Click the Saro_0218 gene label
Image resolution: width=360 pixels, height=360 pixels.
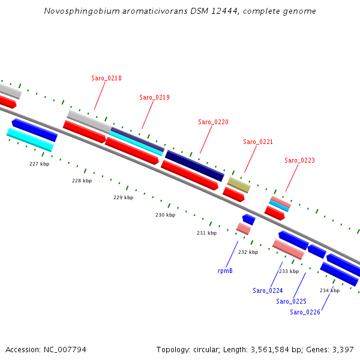(106, 78)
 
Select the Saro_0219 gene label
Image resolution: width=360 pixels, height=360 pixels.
(154, 97)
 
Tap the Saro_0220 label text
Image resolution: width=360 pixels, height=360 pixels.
(213, 122)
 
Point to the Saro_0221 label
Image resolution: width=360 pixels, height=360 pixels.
(258, 142)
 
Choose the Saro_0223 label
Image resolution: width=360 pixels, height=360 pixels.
(299, 160)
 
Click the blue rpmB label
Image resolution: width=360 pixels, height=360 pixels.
(225, 271)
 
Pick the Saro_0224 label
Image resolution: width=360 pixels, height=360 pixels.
(268, 290)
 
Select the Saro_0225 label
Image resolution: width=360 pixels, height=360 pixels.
(291, 301)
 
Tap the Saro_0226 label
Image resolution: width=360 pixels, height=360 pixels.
(305, 312)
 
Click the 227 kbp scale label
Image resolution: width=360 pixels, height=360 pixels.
(39, 163)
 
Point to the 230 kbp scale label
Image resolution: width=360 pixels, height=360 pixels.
(165, 215)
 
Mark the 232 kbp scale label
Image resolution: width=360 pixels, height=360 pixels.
(248, 252)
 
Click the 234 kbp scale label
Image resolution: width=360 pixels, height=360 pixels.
(329, 290)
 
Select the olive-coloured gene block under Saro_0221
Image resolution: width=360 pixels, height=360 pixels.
(238, 184)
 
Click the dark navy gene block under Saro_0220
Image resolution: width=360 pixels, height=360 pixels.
(194, 165)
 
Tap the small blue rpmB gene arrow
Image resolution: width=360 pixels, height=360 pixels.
(248, 219)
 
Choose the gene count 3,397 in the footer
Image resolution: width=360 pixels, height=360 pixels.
(343, 349)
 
